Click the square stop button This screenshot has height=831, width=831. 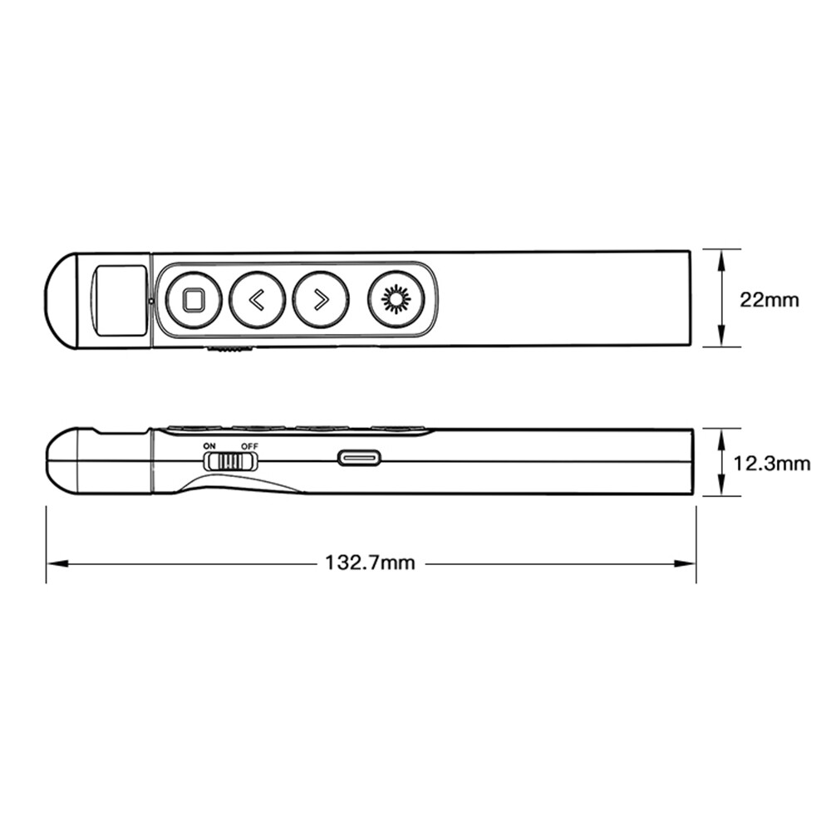pyautogui.click(x=194, y=299)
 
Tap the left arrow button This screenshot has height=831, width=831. pyautogui.click(x=257, y=299)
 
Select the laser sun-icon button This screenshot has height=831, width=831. pyautogui.click(x=396, y=299)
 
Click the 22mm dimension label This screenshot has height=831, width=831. pyautogui.click(x=770, y=299)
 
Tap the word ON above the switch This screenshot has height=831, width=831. pyautogui.click(x=209, y=446)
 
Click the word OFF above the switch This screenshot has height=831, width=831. pyautogui.click(x=249, y=446)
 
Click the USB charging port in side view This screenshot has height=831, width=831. pyautogui.click(x=359, y=458)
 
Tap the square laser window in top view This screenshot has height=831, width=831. pyautogui.click(x=120, y=300)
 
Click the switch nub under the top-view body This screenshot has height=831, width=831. pyautogui.click(x=229, y=350)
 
